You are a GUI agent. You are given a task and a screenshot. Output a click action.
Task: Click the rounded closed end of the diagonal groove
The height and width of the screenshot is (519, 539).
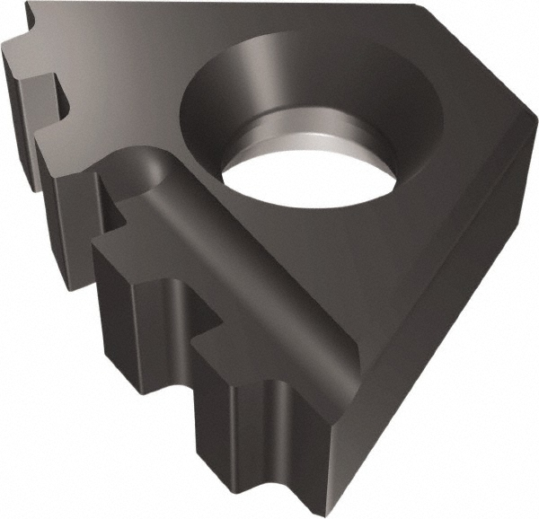coord(144,171)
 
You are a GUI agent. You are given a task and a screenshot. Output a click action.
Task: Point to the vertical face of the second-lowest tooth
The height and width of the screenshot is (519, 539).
coord(135,314)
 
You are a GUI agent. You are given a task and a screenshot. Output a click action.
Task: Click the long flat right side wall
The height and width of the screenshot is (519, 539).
coord(431,341)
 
